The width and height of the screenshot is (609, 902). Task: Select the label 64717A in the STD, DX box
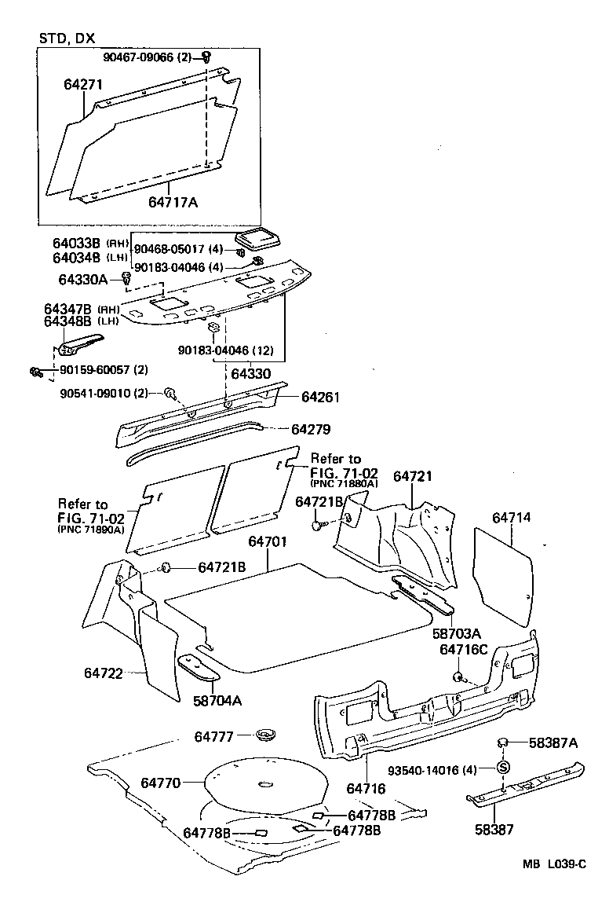(x=173, y=202)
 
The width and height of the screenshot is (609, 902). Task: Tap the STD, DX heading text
(x=66, y=38)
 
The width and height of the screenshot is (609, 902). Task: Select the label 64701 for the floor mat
(x=268, y=542)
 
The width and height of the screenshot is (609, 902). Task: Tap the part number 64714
(x=512, y=517)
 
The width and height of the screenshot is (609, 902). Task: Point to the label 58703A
(x=456, y=633)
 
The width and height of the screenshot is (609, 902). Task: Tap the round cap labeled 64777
(x=267, y=736)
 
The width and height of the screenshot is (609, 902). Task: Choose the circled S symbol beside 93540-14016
(x=503, y=768)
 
